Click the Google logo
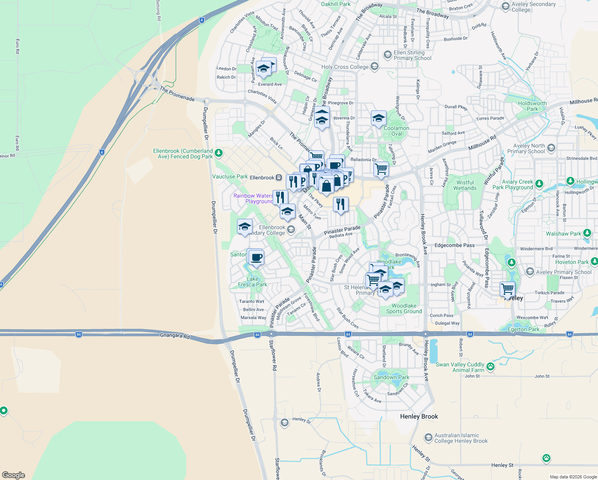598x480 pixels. point(14,475)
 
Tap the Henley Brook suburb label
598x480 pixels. point(419,416)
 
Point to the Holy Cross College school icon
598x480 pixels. point(375,66)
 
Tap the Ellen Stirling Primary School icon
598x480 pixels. point(387,54)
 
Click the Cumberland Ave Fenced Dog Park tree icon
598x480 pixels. point(218,153)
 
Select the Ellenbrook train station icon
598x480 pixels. point(279,178)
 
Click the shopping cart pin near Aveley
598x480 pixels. point(507,288)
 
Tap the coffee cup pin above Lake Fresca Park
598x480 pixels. point(256,257)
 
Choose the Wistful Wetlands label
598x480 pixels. point(465,185)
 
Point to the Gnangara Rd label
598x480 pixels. point(175,336)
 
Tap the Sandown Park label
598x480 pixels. point(391,377)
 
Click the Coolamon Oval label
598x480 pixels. point(396,131)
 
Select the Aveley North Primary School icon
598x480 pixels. point(551,148)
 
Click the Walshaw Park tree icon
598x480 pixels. point(587,233)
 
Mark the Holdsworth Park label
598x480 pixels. point(532,106)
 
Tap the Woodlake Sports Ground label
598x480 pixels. point(404,308)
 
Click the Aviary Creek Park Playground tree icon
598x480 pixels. point(539,184)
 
